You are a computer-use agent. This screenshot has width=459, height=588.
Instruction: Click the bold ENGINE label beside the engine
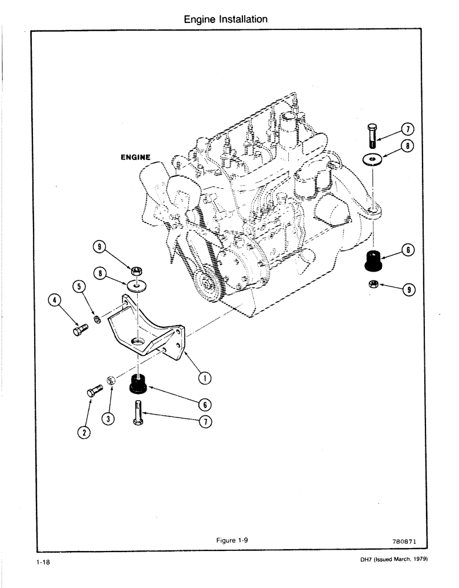point(135,158)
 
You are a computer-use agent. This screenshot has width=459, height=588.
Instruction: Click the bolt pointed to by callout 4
point(79,332)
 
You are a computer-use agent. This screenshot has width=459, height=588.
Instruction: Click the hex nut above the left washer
point(137,271)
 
